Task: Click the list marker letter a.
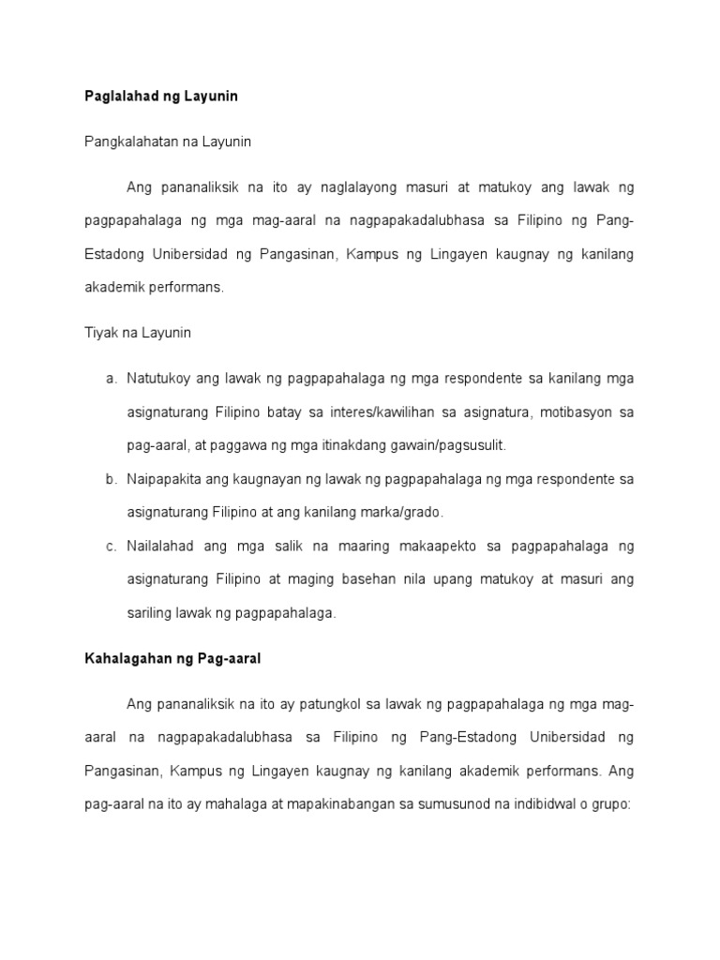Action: pos(110,379)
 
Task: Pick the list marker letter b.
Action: pos(110,479)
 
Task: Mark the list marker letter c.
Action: pos(110,546)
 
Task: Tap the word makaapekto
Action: pos(427,546)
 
